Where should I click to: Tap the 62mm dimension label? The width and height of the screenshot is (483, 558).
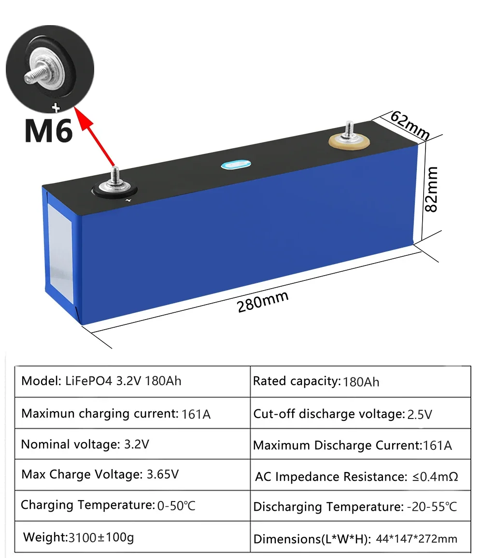pos(410,124)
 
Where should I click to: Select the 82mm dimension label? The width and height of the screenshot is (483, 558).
pos(430,189)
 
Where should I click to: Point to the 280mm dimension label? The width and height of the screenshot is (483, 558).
pos(263,303)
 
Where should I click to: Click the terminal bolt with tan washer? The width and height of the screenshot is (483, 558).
pos(349,140)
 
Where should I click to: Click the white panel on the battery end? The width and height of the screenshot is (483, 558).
pos(60,253)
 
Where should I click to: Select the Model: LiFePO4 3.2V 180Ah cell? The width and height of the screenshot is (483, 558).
pos(101,380)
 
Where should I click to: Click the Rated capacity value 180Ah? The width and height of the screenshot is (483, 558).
pos(361,382)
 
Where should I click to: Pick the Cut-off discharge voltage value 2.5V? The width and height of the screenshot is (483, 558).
pos(420,415)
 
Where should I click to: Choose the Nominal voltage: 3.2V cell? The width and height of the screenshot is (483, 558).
pos(85,444)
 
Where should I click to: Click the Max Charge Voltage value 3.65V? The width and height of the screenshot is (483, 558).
pos(162,474)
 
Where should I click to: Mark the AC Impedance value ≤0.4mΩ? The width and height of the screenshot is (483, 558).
pos(435,477)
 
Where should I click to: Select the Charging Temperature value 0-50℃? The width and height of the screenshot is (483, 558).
pos(176,506)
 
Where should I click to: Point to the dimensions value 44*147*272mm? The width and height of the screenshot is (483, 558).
pos(416,539)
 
